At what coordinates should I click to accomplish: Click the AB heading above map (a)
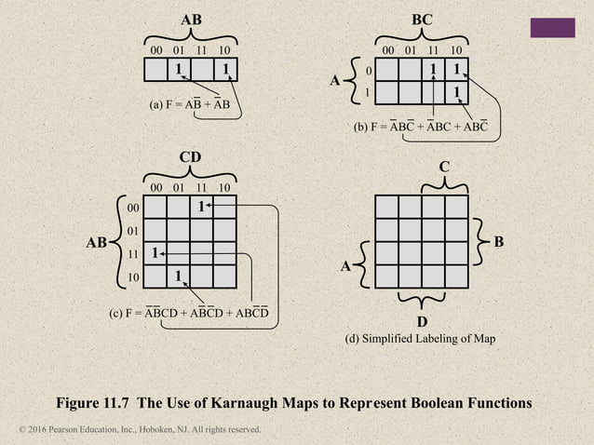[191, 19]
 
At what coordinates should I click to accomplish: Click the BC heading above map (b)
[421, 19]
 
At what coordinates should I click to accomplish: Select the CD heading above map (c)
[190, 157]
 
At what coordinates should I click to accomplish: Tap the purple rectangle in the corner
[552, 27]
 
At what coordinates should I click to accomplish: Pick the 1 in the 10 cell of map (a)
[225, 69]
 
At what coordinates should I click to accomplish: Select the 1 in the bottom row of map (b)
[456, 93]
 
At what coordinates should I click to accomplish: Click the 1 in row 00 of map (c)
[201, 207]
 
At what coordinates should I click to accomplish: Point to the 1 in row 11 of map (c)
[155, 253]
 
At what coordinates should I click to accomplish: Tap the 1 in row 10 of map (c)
[179, 276]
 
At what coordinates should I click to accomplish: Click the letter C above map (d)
[444, 167]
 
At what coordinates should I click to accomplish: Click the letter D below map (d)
[422, 322]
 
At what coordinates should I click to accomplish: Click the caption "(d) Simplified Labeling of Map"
[421, 339]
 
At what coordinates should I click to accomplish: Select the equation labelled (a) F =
[190, 104]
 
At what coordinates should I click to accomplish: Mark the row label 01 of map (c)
[132, 230]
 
